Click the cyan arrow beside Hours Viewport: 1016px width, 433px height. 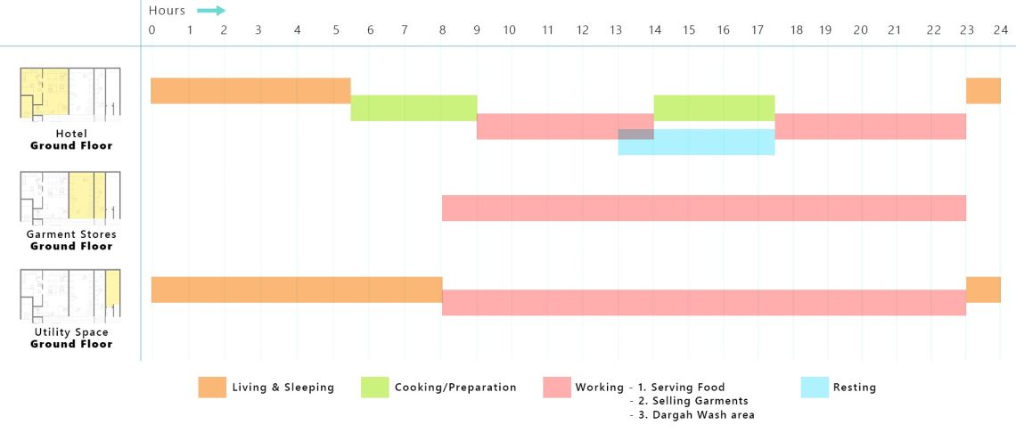pyautogui.click(x=211, y=11)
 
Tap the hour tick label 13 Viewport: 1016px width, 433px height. pyautogui.click(x=617, y=30)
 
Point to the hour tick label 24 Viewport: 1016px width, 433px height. pyautogui.click(x=1001, y=30)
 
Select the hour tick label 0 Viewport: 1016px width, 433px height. pyautogui.click(x=152, y=30)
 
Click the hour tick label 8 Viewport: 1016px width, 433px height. pyautogui.click(x=442, y=30)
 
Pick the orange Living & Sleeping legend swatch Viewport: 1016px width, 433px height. pyautogui.click(x=212, y=388)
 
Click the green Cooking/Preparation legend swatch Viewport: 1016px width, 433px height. pyautogui.click(x=374, y=388)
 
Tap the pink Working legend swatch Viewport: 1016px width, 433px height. pyautogui.click(x=556, y=388)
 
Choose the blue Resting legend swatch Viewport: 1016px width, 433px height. pyautogui.click(x=815, y=388)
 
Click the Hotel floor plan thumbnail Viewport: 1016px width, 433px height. pyautogui.click(x=70, y=94)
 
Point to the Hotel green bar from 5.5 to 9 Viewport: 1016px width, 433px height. pyautogui.click(x=414, y=108)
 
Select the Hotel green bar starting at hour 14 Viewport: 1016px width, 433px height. pyautogui.click(x=714, y=108)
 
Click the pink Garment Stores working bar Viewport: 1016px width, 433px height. pyautogui.click(x=704, y=208)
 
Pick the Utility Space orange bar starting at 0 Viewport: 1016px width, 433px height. pyautogui.click(x=296, y=290)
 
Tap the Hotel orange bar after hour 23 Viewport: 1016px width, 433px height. pyautogui.click(x=983, y=91)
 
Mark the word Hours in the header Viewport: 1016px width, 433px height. pyautogui.click(x=168, y=11)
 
